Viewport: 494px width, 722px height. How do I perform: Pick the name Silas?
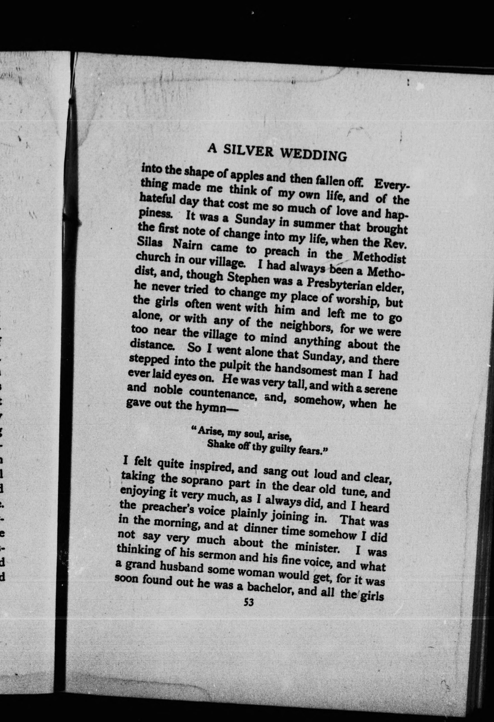click(150, 243)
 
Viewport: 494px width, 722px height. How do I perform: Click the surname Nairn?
click(187, 245)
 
